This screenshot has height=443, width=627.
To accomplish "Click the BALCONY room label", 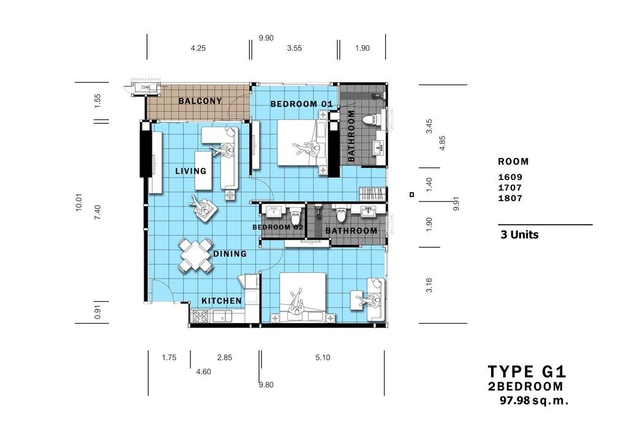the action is click(200, 101).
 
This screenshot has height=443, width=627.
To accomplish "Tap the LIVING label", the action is click(191, 171).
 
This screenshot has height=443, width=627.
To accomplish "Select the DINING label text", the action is click(230, 254).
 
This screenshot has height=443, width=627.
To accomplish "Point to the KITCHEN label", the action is click(222, 301).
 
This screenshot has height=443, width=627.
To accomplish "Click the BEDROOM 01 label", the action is click(301, 104).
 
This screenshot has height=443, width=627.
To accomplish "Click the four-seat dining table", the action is click(195, 255).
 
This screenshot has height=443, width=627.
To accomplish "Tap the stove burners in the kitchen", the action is click(200, 316).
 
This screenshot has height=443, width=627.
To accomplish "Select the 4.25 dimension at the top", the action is click(198, 48).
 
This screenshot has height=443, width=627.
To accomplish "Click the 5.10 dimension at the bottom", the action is click(323, 357).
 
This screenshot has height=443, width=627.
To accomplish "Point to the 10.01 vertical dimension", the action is click(79, 202).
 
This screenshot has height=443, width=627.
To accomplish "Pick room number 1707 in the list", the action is click(510, 188).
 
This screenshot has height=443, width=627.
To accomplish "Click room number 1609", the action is click(510, 177).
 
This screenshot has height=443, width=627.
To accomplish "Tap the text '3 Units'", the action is click(519, 234).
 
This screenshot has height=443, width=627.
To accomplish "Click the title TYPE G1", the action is click(527, 371).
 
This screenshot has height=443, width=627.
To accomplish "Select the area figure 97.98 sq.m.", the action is click(534, 400).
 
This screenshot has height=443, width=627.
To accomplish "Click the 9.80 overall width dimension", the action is click(266, 385).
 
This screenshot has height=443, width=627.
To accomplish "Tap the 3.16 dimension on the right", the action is click(429, 285).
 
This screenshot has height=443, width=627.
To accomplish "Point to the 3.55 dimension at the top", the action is click(295, 48).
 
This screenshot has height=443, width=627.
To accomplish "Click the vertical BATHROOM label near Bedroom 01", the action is click(351, 136).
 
